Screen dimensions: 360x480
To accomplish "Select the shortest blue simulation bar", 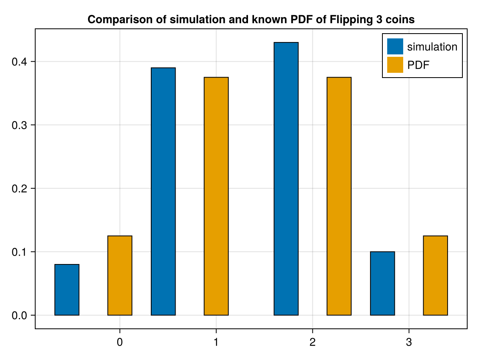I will (x=67, y=290).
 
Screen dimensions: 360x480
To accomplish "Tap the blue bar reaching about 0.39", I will (x=163, y=192).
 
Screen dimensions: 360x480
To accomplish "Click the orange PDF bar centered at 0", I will (x=120, y=276).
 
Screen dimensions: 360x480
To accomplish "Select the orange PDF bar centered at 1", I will (x=216, y=196).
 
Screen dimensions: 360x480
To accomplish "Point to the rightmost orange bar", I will (x=435, y=276).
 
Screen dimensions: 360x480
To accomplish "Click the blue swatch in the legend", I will (x=395, y=46).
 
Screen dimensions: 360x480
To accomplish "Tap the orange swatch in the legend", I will (x=395, y=65).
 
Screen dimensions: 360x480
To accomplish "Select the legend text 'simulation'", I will (x=432, y=47).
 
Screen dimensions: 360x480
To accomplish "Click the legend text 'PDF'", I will (x=418, y=65).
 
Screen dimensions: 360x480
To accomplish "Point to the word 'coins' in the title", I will (x=401, y=20).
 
